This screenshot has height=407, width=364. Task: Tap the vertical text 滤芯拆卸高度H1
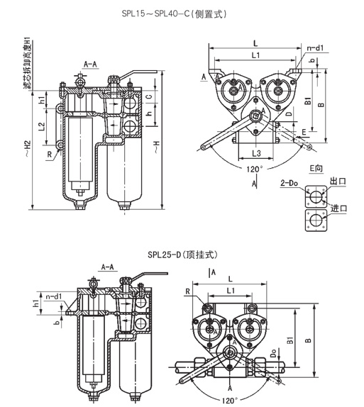[27, 64]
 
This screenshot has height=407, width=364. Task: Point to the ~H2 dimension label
[28, 148]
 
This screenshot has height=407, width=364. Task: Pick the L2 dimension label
[42, 126]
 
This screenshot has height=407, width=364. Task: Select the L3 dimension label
[256, 153]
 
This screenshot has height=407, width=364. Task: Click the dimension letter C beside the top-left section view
[149, 96]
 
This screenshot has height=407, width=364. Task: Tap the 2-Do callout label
[289, 183]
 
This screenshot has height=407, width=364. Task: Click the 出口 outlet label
[338, 181]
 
